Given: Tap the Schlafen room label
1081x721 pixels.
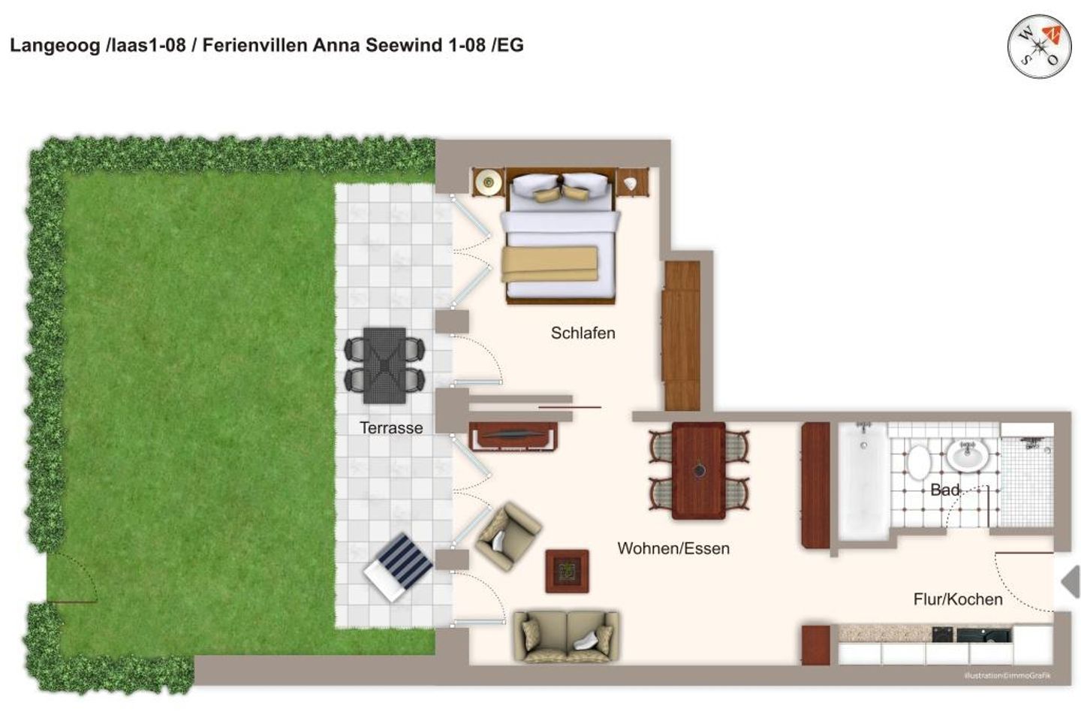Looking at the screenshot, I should pyautogui.click(x=583, y=333).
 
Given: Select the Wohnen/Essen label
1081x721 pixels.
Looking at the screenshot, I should pyautogui.click(x=673, y=548).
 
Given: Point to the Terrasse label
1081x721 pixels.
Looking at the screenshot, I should pyautogui.click(x=391, y=428).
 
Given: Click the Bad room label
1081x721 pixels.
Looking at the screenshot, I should pyautogui.click(x=944, y=490).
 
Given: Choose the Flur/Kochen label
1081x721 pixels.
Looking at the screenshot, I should pyautogui.click(x=957, y=599).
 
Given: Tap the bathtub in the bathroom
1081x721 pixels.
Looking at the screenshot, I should pyautogui.click(x=863, y=481).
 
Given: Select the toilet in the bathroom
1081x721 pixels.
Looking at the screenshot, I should pyautogui.click(x=917, y=461).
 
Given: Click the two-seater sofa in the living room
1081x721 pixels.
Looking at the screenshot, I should pyautogui.click(x=566, y=636).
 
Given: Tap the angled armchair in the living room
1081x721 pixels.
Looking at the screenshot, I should pyautogui.click(x=507, y=535).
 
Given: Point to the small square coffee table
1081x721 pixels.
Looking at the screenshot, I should pyautogui.click(x=567, y=572).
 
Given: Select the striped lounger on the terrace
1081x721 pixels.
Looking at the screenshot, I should pyautogui.click(x=398, y=566).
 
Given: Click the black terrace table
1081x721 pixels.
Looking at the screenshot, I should pyautogui.click(x=384, y=365).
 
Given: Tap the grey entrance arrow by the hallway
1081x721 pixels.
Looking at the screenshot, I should pyautogui.click(x=1070, y=582).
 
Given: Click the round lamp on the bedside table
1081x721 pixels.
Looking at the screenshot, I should pyautogui.click(x=489, y=182).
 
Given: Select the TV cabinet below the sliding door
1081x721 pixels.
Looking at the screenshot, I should pyautogui.click(x=513, y=436).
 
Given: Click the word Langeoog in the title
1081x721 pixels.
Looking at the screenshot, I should pyautogui.click(x=54, y=45).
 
